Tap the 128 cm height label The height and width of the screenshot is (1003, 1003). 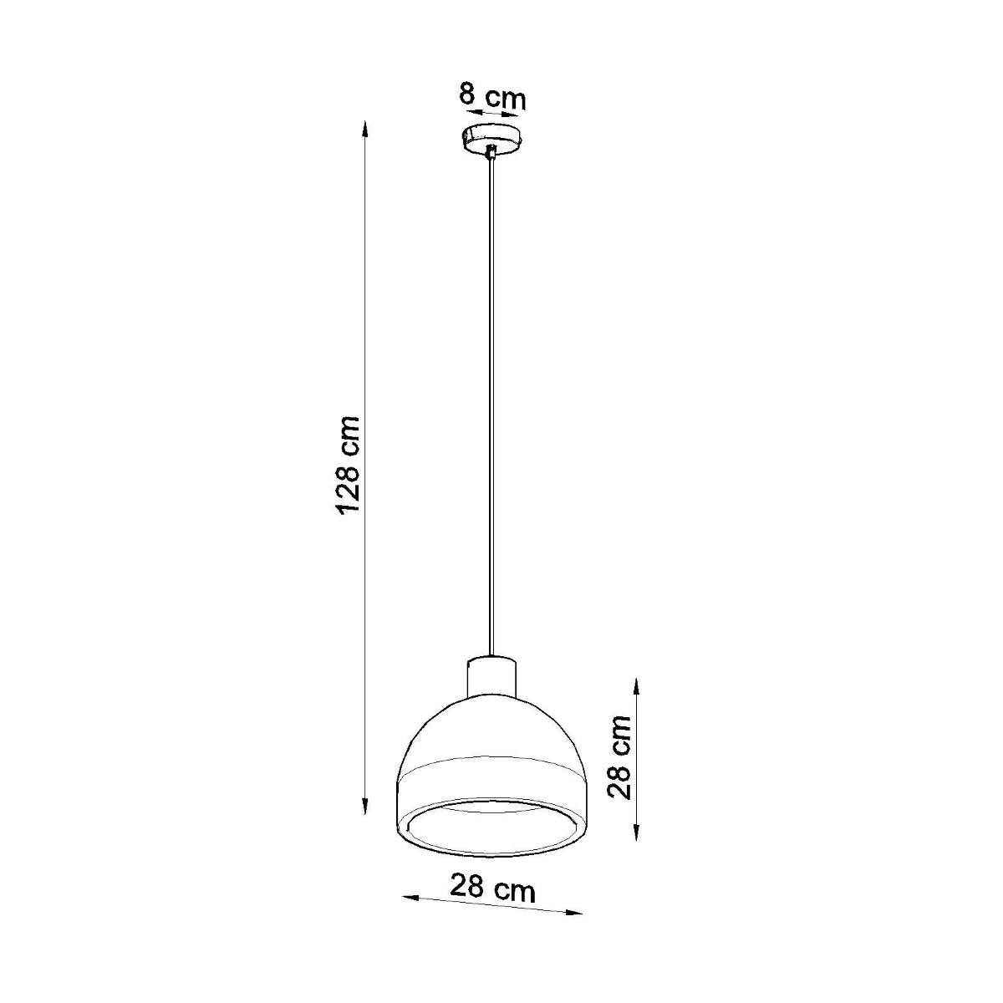[349, 466]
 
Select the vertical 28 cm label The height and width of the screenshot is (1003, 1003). [619, 756]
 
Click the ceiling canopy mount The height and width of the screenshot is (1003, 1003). [492, 139]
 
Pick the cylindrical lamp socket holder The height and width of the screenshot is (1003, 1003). [492, 676]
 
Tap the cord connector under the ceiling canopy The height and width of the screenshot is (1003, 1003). [491, 153]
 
